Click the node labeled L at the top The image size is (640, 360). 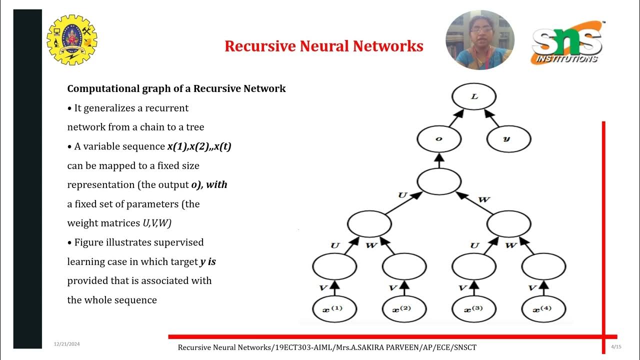pyautogui.click(x=473, y=96)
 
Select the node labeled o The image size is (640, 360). pyautogui.click(x=439, y=138)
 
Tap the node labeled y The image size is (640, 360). pyautogui.click(x=508, y=138)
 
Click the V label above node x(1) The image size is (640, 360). pyautogui.click(x=323, y=288)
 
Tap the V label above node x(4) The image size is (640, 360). pyautogui.click(x=532, y=288)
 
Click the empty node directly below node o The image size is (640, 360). pyautogui.click(x=439, y=181)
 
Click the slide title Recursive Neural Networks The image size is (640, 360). pyautogui.click(x=324, y=46)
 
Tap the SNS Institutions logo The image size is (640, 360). pyautogui.click(x=567, y=43)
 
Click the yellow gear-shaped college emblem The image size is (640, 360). pyautogui.click(x=71, y=40)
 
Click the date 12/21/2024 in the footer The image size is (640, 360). pyautogui.click(x=67, y=344)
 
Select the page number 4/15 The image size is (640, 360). pyautogui.click(x=616, y=346)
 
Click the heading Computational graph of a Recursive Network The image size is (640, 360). pyautogui.click(x=176, y=89)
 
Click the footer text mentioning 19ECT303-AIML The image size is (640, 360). pyautogui.click(x=327, y=347)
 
